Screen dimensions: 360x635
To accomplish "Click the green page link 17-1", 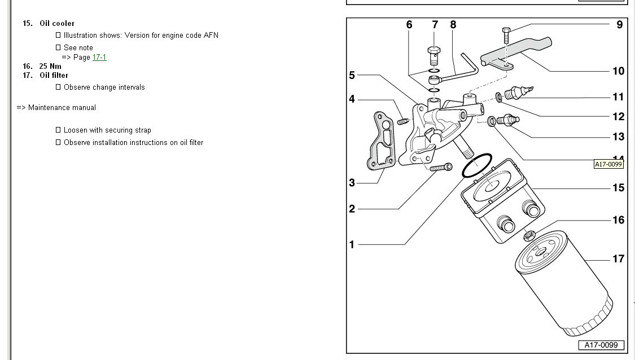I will pyautogui.click(x=99, y=58).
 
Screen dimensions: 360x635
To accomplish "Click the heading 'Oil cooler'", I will pyautogui.click(x=56, y=23).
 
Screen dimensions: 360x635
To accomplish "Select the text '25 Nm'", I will pyautogui.click(x=50, y=66).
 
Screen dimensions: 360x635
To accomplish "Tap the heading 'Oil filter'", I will pyautogui.click(x=54, y=75).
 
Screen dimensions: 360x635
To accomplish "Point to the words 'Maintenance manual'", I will pyautogui.click(x=62, y=107).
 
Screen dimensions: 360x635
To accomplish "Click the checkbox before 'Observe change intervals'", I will pyautogui.click(x=58, y=87).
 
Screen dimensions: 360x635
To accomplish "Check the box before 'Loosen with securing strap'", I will pyautogui.click(x=58, y=130).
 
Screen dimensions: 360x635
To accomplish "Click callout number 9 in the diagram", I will pyautogui.click(x=619, y=24).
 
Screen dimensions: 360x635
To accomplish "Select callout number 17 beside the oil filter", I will pyautogui.click(x=618, y=258).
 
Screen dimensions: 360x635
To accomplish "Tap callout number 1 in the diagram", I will pyautogui.click(x=352, y=244).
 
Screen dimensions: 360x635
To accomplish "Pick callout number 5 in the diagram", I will pyautogui.click(x=352, y=75).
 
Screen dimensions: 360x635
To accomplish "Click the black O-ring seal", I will pyautogui.click(x=477, y=165).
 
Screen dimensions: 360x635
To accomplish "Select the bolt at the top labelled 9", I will pyautogui.click(x=506, y=35).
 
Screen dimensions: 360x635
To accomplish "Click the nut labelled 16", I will pyautogui.click(x=529, y=235).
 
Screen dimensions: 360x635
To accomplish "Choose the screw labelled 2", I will pyautogui.click(x=440, y=167).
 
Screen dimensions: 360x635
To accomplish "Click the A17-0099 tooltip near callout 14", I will pyautogui.click(x=608, y=164).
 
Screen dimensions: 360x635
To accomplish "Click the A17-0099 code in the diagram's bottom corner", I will pyautogui.click(x=601, y=345).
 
